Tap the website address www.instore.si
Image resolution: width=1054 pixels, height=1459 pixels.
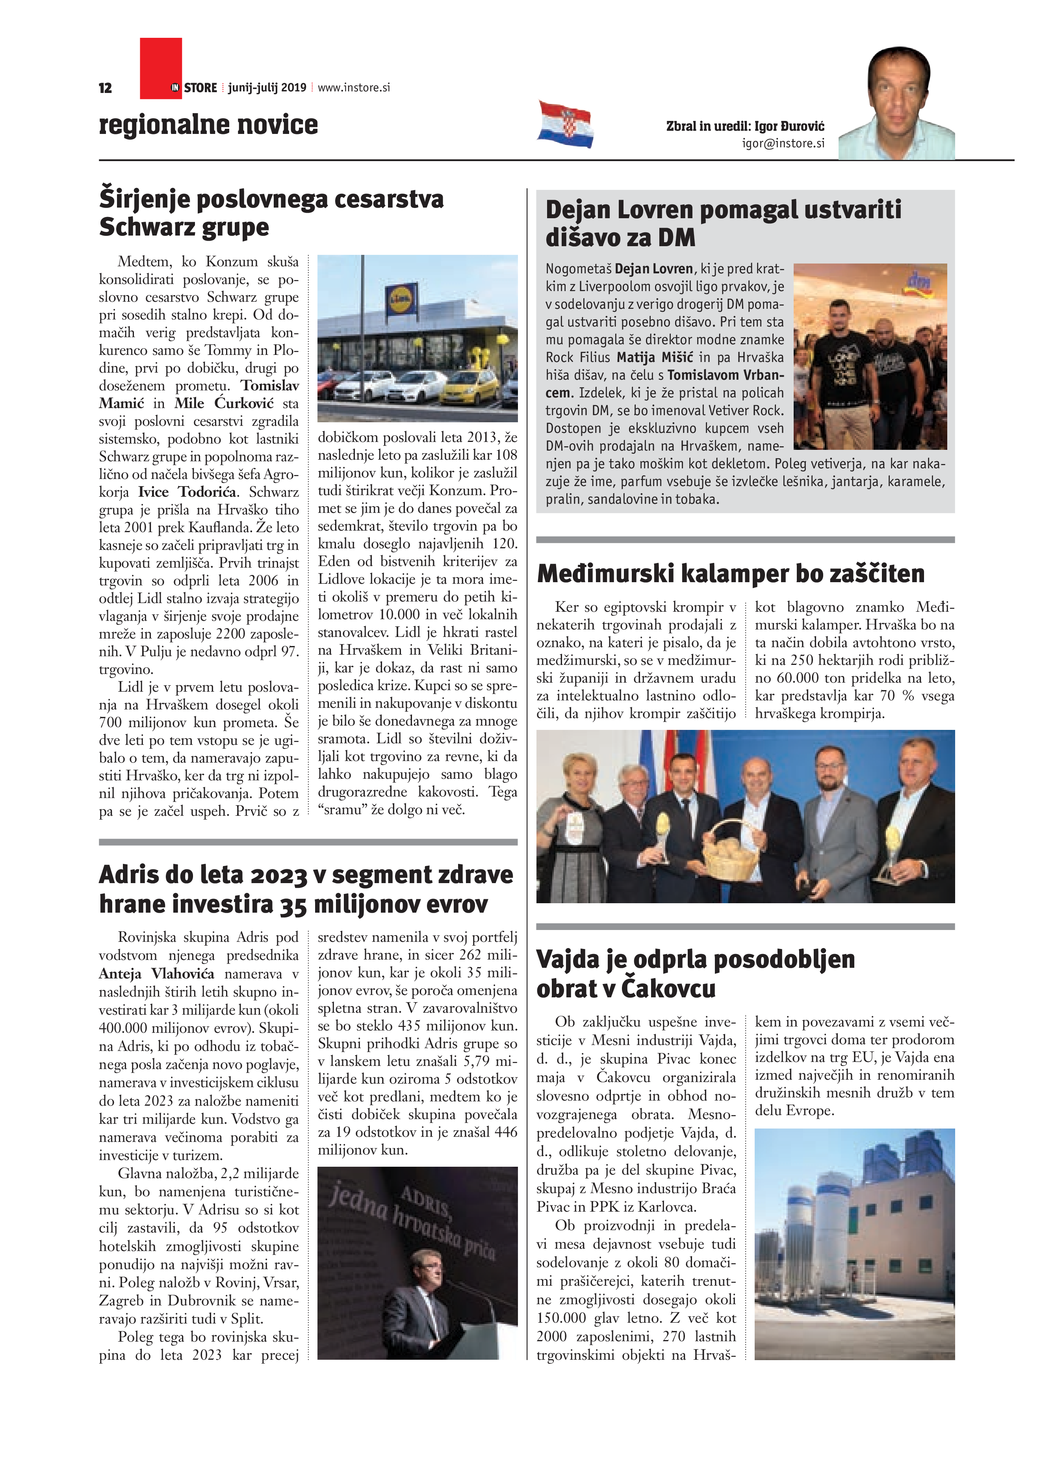(354, 87)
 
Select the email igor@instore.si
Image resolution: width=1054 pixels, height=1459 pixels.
(783, 143)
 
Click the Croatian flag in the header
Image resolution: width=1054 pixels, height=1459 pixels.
(565, 124)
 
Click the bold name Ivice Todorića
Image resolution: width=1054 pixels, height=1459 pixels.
(188, 492)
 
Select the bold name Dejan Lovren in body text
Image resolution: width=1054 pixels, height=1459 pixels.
(654, 269)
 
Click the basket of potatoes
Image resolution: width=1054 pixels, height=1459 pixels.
(733, 851)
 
